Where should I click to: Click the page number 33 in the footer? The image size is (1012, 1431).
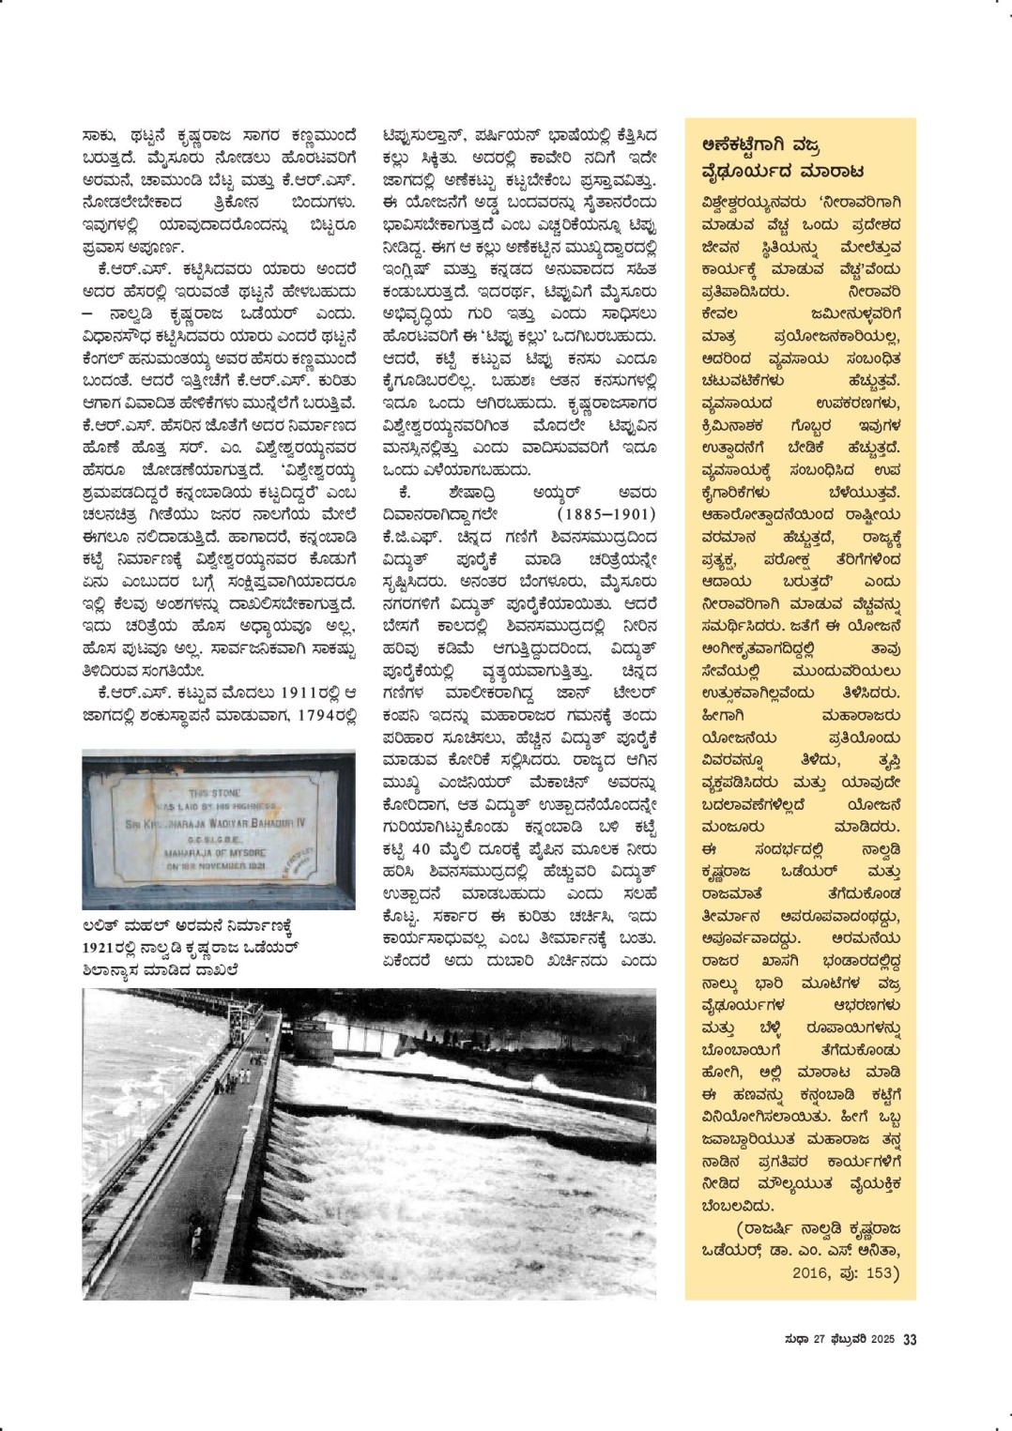pos(910,1339)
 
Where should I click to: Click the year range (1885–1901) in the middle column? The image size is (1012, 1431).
pos(606,514)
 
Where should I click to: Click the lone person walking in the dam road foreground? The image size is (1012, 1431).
pos(196,1229)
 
